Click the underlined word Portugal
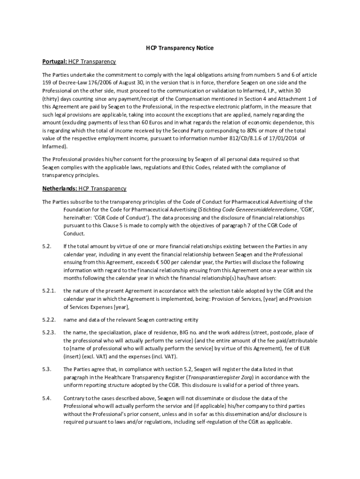point(54,62)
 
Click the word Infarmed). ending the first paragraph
point(55,146)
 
